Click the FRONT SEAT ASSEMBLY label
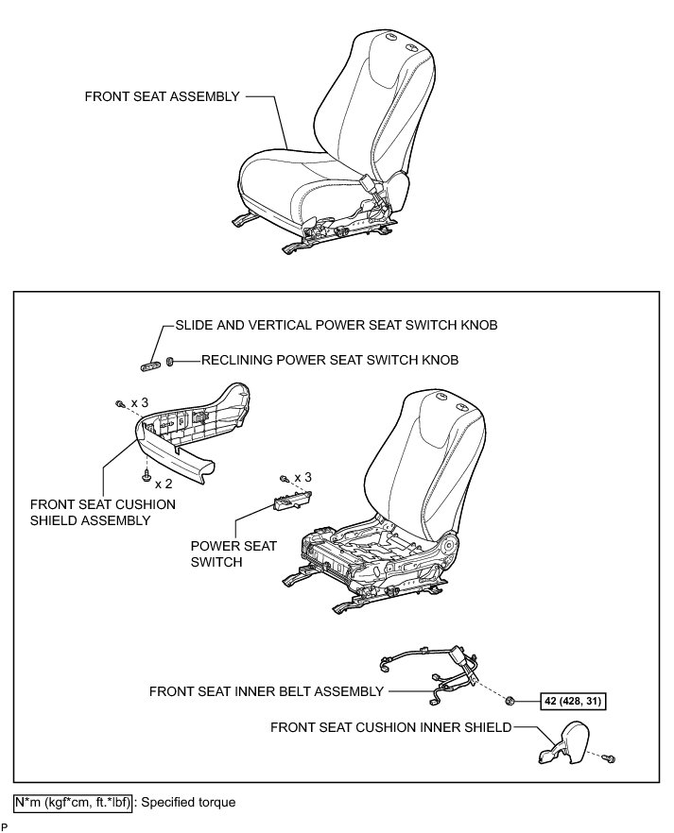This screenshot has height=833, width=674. [x=162, y=96]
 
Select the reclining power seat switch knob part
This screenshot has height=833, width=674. [x=169, y=360]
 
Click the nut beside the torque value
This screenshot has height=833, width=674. [x=510, y=701]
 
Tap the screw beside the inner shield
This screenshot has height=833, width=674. [x=610, y=757]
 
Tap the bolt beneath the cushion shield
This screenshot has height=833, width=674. [x=147, y=469]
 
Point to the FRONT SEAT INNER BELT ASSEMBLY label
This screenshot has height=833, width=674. [x=266, y=691]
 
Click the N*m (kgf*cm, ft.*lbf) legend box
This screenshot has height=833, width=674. [x=73, y=802]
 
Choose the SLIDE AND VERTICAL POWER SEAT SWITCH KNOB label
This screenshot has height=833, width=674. [x=337, y=325]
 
